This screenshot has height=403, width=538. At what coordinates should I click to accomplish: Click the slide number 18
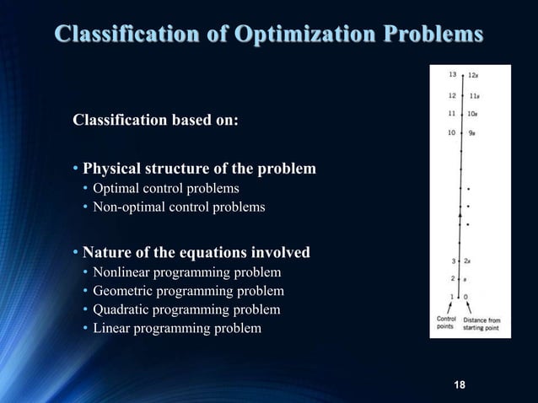click(460, 385)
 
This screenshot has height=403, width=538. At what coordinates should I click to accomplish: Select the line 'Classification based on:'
click(155, 120)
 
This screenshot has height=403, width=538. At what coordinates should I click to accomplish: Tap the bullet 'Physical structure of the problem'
click(199, 169)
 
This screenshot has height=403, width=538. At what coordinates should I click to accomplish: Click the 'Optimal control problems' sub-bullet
click(166, 188)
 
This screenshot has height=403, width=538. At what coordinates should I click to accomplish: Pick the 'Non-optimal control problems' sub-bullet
click(179, 207)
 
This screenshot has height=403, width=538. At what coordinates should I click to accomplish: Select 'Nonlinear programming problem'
click(186, 272)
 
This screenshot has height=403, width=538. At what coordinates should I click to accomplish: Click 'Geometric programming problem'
click(188, 291)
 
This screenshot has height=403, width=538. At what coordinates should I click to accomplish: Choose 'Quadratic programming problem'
click(186, 309)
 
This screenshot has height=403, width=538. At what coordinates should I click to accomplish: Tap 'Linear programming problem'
click(177, 328)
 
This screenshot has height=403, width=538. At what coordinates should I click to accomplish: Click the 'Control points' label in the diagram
click(446, 324)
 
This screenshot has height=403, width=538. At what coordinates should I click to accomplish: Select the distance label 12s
click(474, 75)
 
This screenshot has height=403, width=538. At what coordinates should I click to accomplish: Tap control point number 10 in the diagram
click(452, 132)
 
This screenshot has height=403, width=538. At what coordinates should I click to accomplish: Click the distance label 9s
click(472, 132)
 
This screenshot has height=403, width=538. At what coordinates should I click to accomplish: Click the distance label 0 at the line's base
click(466, 297)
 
